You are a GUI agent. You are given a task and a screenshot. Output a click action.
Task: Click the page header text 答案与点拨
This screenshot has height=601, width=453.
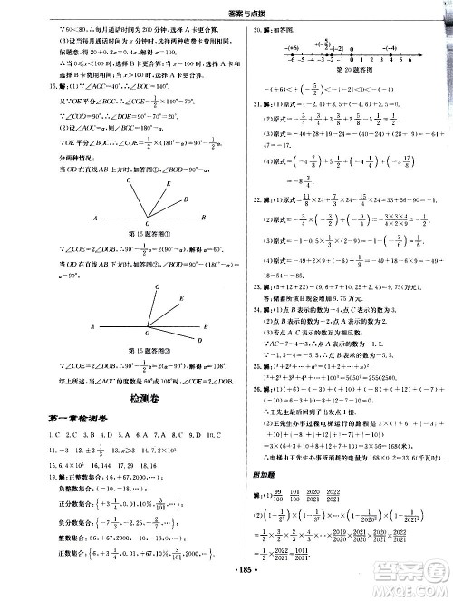[226, 9]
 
